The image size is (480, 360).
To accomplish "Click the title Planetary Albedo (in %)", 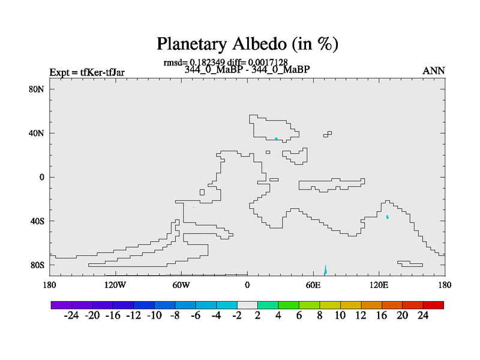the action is tap(247, 44).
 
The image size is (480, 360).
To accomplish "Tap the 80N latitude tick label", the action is tap(37, 89).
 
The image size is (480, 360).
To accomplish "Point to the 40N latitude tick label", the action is tap(37, 133).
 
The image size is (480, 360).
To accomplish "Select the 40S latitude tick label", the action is tap(37, 221).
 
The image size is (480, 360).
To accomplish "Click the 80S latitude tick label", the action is tap(37, 265).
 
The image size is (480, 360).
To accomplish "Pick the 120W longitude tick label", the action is tap(115, 285).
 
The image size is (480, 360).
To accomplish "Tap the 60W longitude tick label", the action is tap(181, 285).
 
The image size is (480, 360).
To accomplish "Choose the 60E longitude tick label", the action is tap(313, 285).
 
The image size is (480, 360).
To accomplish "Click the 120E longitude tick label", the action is tap(379, 285).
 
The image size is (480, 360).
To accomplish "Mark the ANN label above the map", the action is tap(434, 71).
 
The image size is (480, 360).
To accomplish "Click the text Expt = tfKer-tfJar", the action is tap(87, 73).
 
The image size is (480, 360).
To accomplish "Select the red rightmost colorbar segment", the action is tap(433, 305).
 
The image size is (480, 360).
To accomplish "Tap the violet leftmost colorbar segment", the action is tap(61, 305).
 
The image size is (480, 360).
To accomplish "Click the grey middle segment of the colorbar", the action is tap(247, 305).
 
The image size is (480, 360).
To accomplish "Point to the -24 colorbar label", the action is tap(71, 316).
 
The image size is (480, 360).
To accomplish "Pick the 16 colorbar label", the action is tap(382, 316).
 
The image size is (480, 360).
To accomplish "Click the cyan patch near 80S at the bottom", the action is tap(325, 270).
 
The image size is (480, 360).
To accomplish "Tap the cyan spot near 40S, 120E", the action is tap(388, 217).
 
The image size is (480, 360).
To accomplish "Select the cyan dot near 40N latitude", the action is tap(276, 139).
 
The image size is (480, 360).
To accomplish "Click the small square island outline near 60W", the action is tap(202, 192).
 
